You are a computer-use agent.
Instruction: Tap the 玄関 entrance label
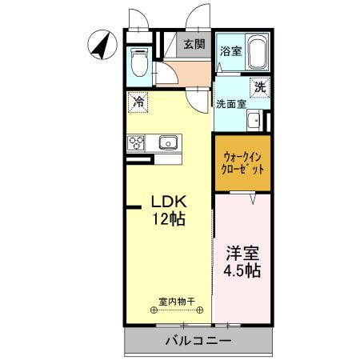[194, 45]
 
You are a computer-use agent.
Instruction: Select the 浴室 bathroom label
[231, 50]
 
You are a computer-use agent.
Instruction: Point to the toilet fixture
[138, 62]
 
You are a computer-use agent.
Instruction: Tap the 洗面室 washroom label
[230, 103]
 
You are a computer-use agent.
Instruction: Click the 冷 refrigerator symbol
[138, 102]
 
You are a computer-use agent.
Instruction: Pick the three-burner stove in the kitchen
[135, 143]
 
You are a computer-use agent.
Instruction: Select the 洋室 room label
[242, 254]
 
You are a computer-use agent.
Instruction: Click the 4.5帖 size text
[242, 272]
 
